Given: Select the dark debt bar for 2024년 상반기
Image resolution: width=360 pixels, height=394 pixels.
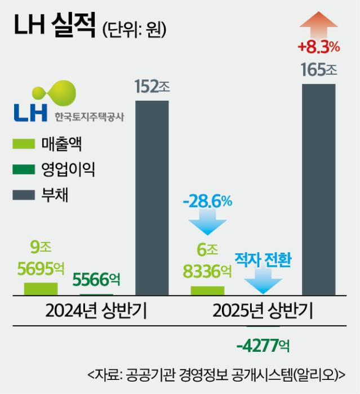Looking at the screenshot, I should click(x=152, y=197).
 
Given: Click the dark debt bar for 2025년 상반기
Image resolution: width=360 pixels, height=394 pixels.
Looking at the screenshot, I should click(x=319, y=189).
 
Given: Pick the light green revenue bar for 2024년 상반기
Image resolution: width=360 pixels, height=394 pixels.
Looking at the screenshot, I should click(x=41, y=288).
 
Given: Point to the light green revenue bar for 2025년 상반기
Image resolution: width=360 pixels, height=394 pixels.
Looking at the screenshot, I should click(x=207, y=290).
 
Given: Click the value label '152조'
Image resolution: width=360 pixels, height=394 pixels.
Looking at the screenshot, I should click(x=152, y=87).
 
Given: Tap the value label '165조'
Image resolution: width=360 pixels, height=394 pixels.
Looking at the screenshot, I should click(x=319, y=71).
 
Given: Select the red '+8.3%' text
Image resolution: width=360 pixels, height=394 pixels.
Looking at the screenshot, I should click(x=319, y=45).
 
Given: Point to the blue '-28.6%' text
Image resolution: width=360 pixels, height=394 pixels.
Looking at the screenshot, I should click(x=207, y=201).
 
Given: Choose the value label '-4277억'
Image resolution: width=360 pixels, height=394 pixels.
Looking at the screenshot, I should click(x=263, y=343).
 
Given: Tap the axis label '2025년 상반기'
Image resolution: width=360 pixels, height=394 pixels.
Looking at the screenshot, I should click(x=263, y=311).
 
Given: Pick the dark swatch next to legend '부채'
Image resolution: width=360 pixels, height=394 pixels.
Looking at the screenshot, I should click(x=24, y=195).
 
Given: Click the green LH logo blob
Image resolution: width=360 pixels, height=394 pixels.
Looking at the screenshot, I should click(x=57, y=93).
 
